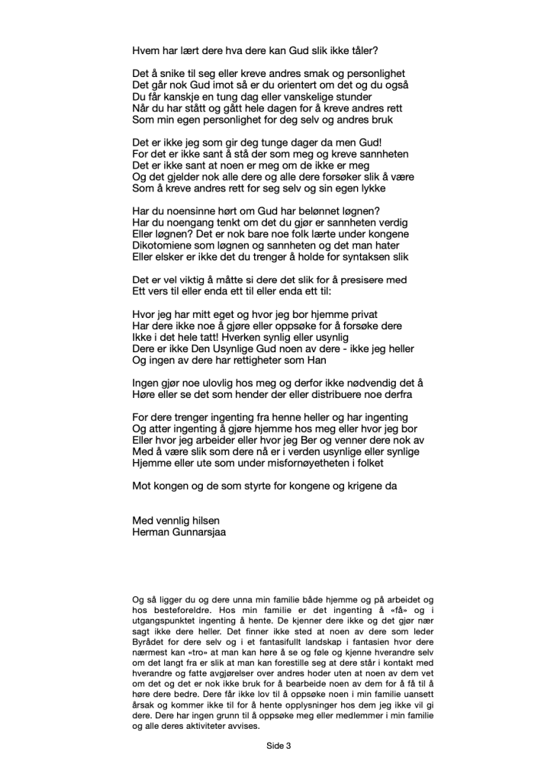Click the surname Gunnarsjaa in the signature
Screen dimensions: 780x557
197,534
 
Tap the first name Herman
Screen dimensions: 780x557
150,534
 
